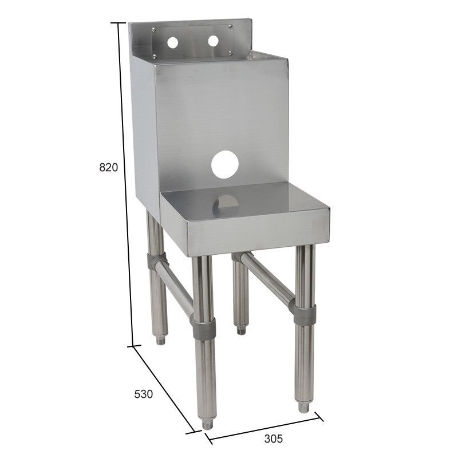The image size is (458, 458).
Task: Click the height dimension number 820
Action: (x=108, y=168)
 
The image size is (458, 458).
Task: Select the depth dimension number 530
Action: (x=143, y=394)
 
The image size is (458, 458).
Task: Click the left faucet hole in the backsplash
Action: (x=172, y=42)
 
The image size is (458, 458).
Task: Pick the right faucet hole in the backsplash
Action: (x=213, y=41)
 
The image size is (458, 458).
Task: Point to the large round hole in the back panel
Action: (x=224, y=165)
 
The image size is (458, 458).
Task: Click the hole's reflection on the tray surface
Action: (x=226, y=205)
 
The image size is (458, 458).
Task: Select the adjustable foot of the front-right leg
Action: (x=303, y=407)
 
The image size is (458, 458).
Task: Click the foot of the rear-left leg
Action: (x=161, y=341)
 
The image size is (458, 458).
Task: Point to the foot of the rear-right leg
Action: (x=241, y=330)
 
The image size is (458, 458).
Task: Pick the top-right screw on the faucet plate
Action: (x=230, y=26)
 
